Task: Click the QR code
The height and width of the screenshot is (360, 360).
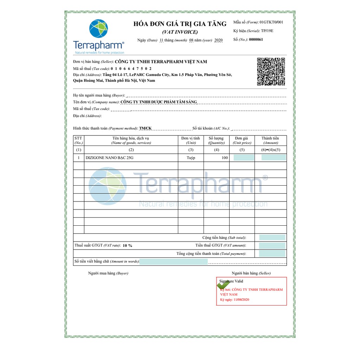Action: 271,72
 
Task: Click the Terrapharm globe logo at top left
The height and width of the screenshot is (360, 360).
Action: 98,29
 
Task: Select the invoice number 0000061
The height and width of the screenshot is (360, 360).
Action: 256,40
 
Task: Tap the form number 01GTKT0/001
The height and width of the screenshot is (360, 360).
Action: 271,22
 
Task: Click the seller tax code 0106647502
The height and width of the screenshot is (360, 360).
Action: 131,69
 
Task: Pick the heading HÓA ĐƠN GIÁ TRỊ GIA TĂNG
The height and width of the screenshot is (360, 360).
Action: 180,24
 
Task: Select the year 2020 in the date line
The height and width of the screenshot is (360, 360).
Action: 218,40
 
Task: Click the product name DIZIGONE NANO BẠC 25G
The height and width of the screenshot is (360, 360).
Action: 109,158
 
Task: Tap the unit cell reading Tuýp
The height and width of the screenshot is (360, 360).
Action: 191,158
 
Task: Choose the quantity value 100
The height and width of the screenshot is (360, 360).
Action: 225,158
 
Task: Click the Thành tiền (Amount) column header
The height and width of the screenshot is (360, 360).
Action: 270,140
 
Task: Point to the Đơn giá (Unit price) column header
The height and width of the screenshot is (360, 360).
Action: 242,140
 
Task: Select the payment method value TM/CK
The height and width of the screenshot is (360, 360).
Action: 145,128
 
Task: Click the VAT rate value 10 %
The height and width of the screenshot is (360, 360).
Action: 127,245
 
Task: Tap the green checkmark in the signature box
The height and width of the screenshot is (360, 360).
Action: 223,285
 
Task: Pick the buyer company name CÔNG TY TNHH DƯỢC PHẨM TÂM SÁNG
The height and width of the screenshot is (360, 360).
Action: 159,102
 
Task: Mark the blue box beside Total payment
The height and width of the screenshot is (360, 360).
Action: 272,254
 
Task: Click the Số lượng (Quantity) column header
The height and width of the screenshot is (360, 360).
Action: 216,140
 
